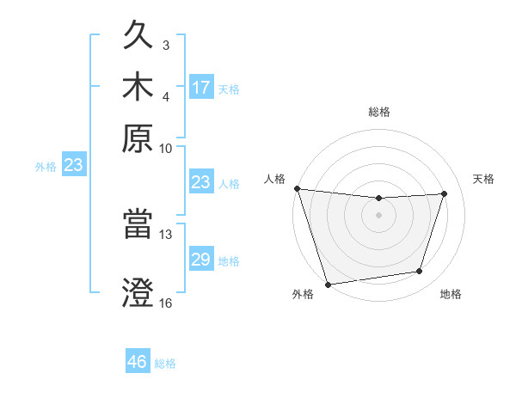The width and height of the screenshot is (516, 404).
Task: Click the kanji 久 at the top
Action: pos(140,36)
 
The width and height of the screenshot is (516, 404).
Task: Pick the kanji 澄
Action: pos(140,292)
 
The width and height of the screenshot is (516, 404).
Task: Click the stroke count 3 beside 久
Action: pos(165,45)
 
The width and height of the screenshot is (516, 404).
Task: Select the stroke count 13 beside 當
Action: pos(166,234)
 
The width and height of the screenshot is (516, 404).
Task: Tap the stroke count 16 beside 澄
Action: pos(166,303)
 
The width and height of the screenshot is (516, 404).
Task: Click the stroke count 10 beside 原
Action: pos(166,148)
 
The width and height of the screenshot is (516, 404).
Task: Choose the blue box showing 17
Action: pos(201,88)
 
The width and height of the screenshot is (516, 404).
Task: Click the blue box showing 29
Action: pos(201,260)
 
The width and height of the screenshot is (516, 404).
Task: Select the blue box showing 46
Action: pos(138,362)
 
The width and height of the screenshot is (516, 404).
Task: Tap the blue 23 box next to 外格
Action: pos(73,166)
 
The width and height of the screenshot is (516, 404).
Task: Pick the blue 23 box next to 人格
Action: pos(201,182)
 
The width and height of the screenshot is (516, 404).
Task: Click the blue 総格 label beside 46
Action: pos(165,364)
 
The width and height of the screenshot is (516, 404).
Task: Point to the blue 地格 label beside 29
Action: pos(229,261)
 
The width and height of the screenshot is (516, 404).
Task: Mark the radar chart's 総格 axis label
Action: pos(379,112)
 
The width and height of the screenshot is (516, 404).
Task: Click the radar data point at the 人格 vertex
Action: pos(297,188)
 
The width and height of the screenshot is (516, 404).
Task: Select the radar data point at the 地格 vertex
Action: pos(420,272)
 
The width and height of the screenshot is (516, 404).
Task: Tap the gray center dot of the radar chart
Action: pos(379,215)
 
